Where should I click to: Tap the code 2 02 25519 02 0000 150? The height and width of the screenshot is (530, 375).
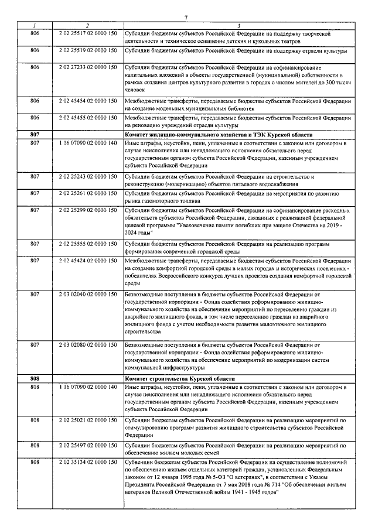coord(88,51)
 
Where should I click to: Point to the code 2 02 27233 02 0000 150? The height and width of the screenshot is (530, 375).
coord(88,67)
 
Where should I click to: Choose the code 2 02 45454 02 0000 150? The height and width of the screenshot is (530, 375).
coord(88,101)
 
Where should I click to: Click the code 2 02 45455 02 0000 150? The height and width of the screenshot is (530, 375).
coord(88,118)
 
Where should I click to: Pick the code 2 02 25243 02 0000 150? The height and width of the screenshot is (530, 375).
coord(88,176)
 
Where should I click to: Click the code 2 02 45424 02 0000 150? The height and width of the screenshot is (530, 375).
coord(88,259)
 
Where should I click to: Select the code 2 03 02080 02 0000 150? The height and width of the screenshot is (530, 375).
coord(88,344)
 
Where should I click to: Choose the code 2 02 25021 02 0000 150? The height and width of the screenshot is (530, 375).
coord(88,420)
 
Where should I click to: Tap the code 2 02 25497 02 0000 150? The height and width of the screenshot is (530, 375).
coord(88,446)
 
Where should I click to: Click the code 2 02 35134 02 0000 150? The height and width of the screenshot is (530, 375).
coord(88,463)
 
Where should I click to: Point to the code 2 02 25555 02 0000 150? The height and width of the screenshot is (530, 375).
coord(88,243)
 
